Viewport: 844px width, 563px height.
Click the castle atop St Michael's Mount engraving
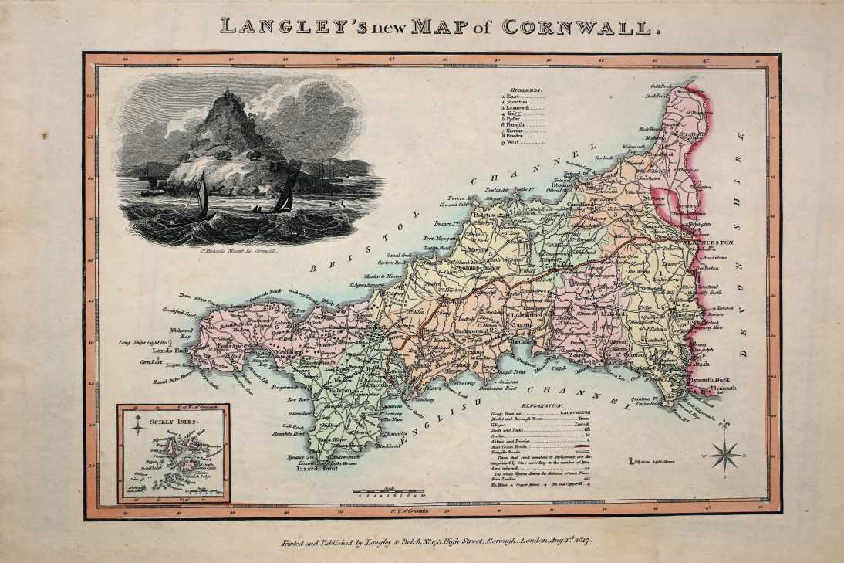[x=229, y=99]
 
